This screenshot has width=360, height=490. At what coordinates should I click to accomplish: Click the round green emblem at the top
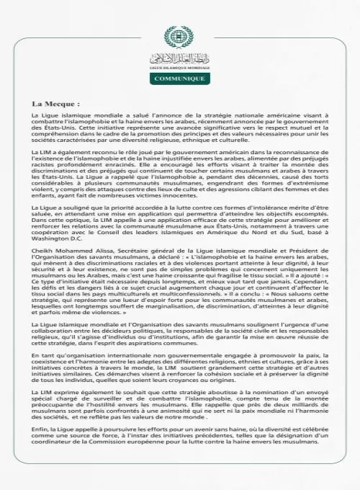(x=179, y=36)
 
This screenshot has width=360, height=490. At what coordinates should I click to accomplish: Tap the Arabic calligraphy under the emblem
(x=179, y=58)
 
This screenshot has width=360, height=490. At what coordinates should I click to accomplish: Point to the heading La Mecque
(x=56, y=103)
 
